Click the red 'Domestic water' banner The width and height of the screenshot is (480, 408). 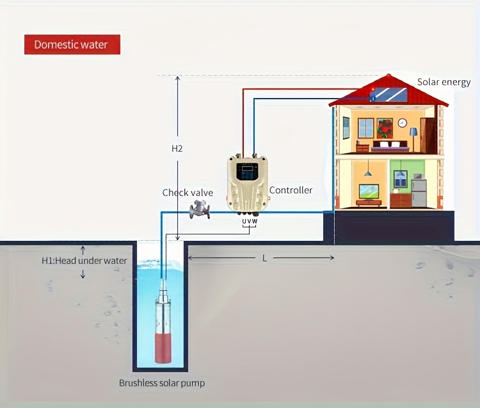click(71, 45)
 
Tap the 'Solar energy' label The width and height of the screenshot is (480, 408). click(444, 82)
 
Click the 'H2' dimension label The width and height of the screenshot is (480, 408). click(177, 149)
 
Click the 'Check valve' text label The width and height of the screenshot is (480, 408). click(188, 193)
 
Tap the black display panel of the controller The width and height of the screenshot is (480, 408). click(248, 172)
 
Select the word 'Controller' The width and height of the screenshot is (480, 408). click(291, 190)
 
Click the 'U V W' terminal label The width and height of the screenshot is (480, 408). click(249, 222)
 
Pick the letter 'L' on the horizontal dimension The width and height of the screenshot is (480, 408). click(264, 258)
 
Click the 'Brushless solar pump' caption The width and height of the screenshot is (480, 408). click(162, 383)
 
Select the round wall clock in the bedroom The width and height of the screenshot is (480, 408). click(402, 122)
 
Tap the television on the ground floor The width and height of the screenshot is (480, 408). click(368, 191)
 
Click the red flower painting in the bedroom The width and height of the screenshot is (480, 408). click(385, 127)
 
